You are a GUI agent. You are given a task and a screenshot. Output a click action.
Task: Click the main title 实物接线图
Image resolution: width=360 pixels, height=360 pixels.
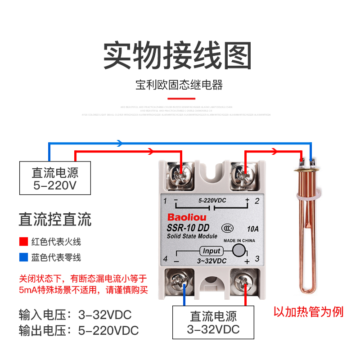(x=177, y=55)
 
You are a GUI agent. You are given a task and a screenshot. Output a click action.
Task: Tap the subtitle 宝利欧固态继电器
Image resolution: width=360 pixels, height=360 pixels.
(x=179, y=85)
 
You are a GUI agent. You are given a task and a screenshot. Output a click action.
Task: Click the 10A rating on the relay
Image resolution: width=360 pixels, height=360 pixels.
(x=254, y=228)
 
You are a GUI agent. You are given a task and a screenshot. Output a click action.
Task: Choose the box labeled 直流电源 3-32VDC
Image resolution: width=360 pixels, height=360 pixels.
(x=213, y=322)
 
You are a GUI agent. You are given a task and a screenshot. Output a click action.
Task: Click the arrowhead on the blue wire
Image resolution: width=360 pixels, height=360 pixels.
(x=120, y=143)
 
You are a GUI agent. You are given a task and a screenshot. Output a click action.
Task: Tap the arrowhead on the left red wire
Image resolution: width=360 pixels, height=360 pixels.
(x=149, y=152)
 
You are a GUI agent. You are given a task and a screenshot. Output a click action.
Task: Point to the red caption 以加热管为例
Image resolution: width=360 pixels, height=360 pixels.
(x=308, y=311)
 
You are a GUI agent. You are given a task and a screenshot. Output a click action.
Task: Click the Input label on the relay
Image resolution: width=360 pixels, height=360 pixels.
(x=211, y=251)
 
